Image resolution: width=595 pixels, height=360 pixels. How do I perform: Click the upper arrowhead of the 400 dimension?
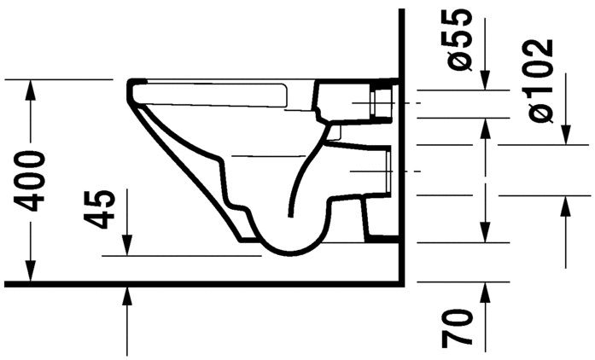click(x=32, y=86)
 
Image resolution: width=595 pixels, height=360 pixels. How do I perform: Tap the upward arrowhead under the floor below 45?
click(x=127, y=293)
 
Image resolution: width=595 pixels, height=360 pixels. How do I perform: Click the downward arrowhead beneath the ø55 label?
click(x=486, y=83)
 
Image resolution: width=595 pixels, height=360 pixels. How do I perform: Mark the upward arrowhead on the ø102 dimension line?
click(x=566, y=203)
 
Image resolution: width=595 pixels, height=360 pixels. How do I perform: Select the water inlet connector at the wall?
click(x=382, y=102)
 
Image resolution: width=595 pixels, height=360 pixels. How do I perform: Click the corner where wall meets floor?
click(x=400, y=281)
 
